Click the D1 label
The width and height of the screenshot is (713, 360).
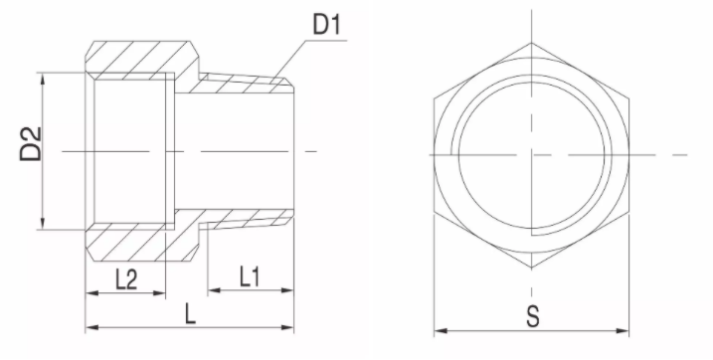tap(326, 25)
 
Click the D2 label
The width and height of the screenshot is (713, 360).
tap(31, 143)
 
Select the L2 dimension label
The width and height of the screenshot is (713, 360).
tap(126, 279)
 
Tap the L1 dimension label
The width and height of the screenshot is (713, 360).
tap(250, 276)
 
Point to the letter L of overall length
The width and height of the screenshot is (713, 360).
tap(190, 314)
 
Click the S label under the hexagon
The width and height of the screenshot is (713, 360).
tap(532, 316)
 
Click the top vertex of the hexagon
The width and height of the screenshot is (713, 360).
tap(532, 43)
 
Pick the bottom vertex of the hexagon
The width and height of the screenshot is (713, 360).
tap(532, 269)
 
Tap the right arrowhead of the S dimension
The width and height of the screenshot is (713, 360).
tap(623, 331)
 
